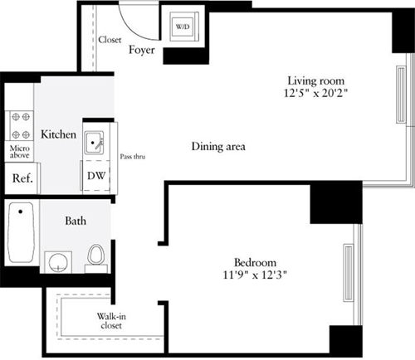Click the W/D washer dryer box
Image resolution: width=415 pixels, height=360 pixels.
click(x=181, y=27)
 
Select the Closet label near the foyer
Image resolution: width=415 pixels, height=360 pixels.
click(x=110, y=39)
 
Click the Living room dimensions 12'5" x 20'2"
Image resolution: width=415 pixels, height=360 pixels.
click(x=315, y=94)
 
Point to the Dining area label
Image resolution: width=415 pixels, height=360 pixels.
click(x=218, y=147)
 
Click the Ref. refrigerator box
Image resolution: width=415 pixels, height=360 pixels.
click(x=19, y=178)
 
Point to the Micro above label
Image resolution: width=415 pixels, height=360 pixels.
click(x=19, y=151)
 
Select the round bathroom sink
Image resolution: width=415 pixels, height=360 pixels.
click(x=56, y=263)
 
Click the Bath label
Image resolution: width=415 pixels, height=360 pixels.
click(x=77, y=221)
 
